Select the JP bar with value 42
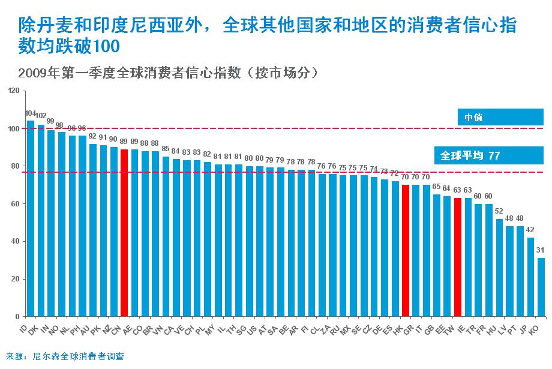click(x=531, y=277)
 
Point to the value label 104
click(x=31, y=113)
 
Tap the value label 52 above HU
click(x=499, y=211)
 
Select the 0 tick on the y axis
click(x=18, y=317)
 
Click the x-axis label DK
click(x=33, y=329)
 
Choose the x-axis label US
click(x=252, y=329)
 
